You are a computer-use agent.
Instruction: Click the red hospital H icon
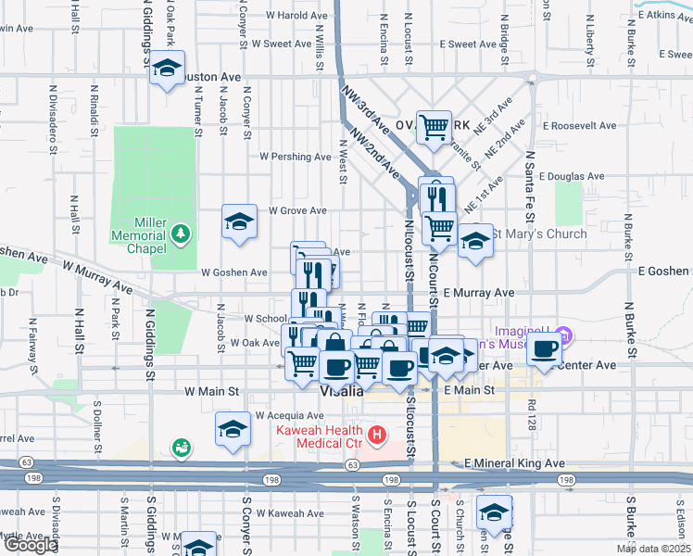pyautogui.click(x=376, y=434)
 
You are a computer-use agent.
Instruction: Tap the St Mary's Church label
pyautogui.click(x=539, y=234)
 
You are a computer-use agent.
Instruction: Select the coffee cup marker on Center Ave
pyautogui.click(x=546, y=348)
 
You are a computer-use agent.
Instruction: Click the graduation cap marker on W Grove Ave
pyautogui.click(x=239, y=221)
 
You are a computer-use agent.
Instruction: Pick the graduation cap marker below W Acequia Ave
pyautogui.click(x=233, y=429)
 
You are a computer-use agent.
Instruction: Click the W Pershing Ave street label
pyautogui.click(x=295, y=157)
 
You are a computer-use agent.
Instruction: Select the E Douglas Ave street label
pyautogui.click(x=571, y=175)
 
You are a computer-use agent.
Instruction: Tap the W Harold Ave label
pyautogui.click(x=296, y=16)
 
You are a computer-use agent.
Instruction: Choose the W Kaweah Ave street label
pyautogui.click(x=293, y=512)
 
